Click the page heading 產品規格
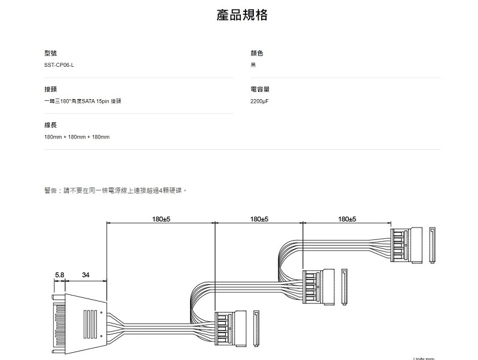click(x=241, y=15)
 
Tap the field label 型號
click(x=50, y=54)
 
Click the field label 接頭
click(x=50, y=90)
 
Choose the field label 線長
click(x=50, y=125)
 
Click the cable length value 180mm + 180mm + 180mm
click(x=77, y=137)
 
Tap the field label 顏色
click(x=257, y=54)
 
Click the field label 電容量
click(x=260, y=90)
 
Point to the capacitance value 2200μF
click(x=260, y=101)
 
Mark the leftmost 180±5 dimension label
click(x=162, y=219)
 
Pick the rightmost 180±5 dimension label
click(x=347, y=219)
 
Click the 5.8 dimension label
click(x=59, y=275)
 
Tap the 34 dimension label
click(x=86, y=275)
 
